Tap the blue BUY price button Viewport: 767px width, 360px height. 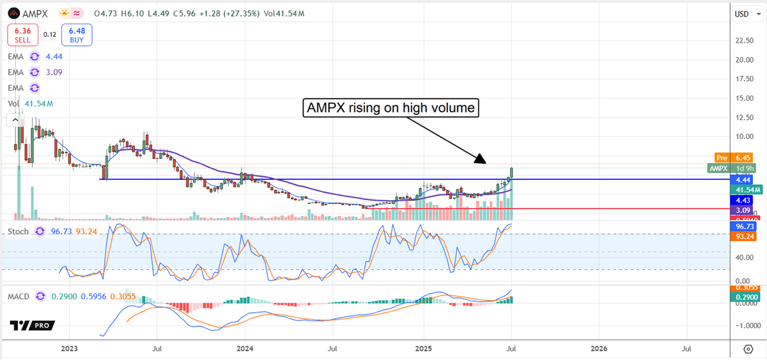click(x=77, y=35)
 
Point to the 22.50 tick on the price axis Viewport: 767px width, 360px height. click(x=743, y=41)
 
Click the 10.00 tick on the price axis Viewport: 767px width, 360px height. click(x=743, y=136)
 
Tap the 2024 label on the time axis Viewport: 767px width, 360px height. click(x=245, y=349)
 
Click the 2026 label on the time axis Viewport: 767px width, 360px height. click(x=599, y=349)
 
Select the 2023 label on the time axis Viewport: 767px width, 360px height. click(x=69, y=349)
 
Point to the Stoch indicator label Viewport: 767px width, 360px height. click(x=18, y=231)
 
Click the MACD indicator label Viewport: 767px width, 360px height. click(x=19, y=297)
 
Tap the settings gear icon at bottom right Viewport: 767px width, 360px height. click(x=748, y=348)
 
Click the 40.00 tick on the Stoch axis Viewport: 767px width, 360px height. click(x=741, y=258)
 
